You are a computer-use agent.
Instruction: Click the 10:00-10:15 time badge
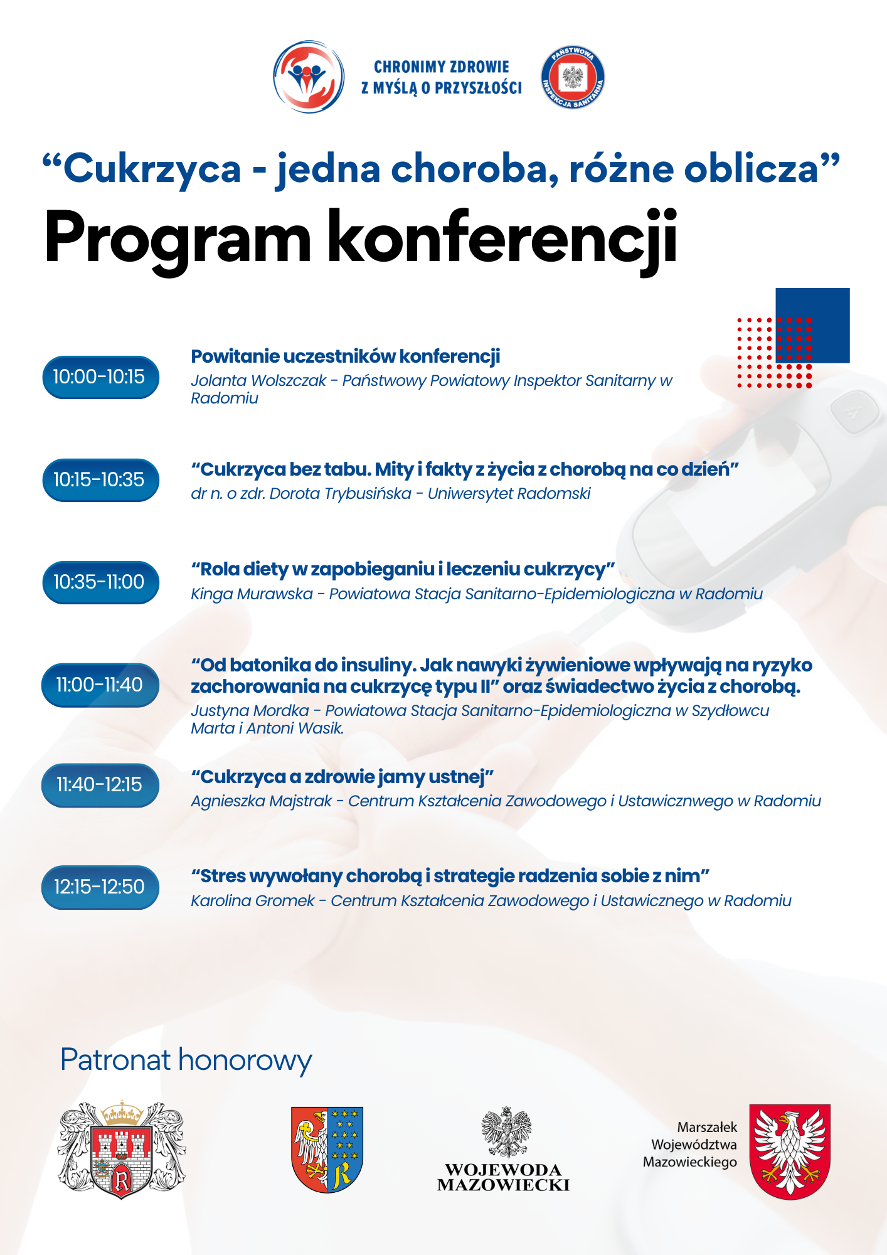(x=100, y=377)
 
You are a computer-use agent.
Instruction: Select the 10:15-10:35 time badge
(x=100, y=480)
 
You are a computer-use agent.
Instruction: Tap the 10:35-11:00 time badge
(x=100, y=582)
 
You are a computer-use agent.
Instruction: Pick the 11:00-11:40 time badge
(x=100, y=685)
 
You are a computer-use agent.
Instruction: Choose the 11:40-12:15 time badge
(x=100, y=785)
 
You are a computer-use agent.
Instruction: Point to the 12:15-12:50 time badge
(x=100, y=887)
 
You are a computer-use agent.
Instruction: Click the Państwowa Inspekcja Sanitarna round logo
(x=572, y=77)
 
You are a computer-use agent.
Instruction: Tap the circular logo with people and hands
(x=309, y=77)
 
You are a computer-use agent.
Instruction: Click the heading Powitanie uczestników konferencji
(x=345, y=356)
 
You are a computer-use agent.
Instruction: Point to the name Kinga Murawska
(x=252, y=594)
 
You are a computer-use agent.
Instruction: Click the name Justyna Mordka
(x=250, y=711)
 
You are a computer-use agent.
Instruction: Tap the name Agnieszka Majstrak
(x=261, y=801)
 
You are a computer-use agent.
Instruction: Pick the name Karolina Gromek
(x=252, y=901)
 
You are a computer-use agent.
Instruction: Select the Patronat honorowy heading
(x=186, y=1060)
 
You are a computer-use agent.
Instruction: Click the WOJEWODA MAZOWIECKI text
(x=503, y=1178)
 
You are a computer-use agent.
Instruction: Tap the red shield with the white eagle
(x=790, y=1151)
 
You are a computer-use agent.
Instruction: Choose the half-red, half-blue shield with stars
(x=327, y=1150)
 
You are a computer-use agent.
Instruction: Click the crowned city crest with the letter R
(x=122, y=1150)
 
